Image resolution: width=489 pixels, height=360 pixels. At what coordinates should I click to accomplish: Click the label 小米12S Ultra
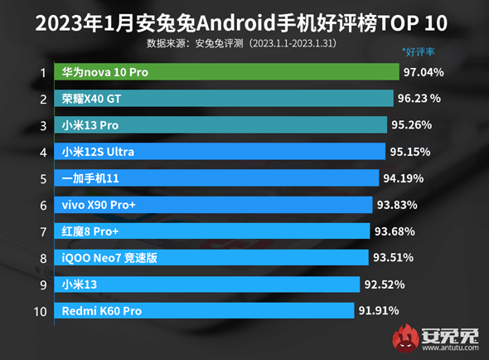[x=98, y=152]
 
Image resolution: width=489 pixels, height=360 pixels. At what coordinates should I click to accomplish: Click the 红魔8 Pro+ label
[x=91, y=231]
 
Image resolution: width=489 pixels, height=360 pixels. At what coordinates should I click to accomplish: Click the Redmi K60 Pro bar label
[x=102, y=311]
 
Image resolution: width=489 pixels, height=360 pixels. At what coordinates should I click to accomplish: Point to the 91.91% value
[x=378, y=311]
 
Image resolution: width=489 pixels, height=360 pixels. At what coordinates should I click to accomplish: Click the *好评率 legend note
[x=419, y=51]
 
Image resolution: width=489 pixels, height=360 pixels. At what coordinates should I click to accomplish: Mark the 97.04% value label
[x=423, y=72]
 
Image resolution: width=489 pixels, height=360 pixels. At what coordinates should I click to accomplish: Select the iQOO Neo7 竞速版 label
[x=109, y=258]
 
